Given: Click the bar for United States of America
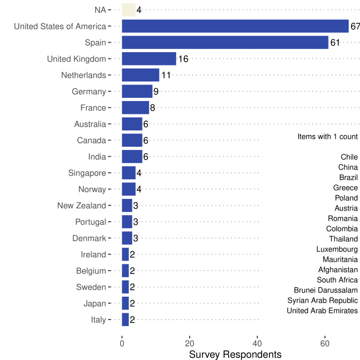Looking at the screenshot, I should click(x=235, y=26).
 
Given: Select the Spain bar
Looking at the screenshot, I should click(x=225, y=43).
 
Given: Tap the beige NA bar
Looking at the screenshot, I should click(x=129, y=10).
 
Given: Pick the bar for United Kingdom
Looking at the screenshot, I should click(x=149, y=58).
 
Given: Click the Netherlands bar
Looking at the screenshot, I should click(x=140, y=75).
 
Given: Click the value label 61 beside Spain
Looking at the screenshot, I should click(x=336, y=43).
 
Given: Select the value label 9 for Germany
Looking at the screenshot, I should click(x=156, y=91).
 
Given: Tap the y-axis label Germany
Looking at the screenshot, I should click(x=89, y=91).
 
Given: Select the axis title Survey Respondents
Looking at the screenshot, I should click(x=235, y=354).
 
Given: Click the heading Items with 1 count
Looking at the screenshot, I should click(x=328, y=137).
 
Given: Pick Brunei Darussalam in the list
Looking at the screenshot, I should click(x=325, y=290).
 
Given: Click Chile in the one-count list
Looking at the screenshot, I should click(x=349, y=157).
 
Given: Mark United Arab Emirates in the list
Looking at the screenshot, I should click(x=322, y=311).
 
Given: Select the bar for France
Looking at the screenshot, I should click(x=135, y=108).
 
